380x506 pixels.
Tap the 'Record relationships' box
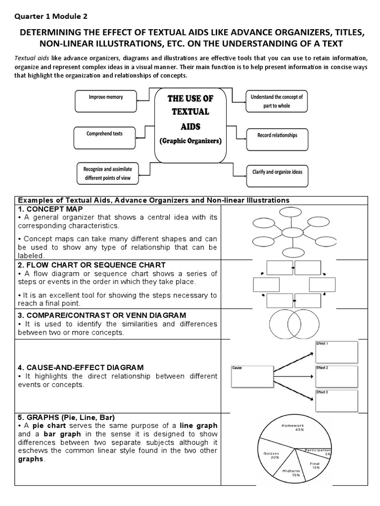(277, 138)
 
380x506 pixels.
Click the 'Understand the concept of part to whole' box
(277, 102)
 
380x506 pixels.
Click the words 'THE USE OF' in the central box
(190, 99)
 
